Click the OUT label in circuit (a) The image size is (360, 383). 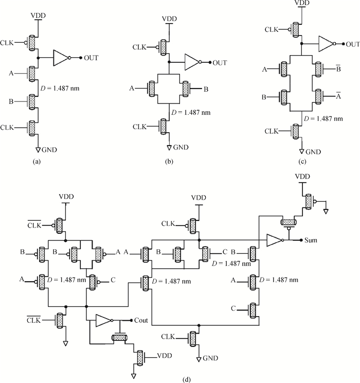click(91, 58)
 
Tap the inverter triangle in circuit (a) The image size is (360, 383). click(61, 58)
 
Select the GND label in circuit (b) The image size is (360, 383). click(181, 147)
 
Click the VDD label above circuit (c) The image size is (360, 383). click(302, 3)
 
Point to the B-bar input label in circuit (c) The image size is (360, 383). click(338, 68)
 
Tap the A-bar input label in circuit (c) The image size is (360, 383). click(338, 96)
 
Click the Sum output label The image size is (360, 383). click(311, 240)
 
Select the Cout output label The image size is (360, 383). click(141, 320)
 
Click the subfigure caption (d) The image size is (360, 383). click(187, 380)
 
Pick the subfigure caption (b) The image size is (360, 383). click(169, 162)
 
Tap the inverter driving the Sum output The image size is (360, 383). click(274, 240)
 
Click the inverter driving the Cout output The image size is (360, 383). click(103, 321)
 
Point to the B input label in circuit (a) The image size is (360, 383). click(11, 101)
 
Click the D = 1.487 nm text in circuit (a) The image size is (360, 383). click(60, 88)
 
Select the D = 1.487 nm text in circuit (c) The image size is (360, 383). click(323, 119)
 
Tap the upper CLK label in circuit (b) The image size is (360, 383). click(139, 47)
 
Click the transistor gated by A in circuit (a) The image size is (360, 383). click(32, 73)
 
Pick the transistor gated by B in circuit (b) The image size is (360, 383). click(186, 89)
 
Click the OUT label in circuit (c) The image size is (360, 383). click(353, 44)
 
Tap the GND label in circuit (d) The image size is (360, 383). click(210, 358)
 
